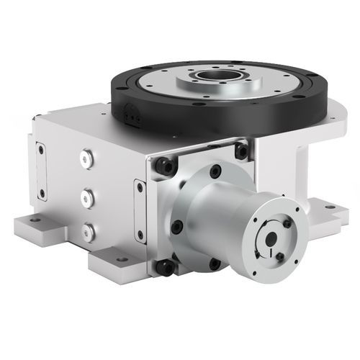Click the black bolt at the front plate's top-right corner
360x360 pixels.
tap(240, 151)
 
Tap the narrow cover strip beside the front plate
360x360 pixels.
tap(139, 209)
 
